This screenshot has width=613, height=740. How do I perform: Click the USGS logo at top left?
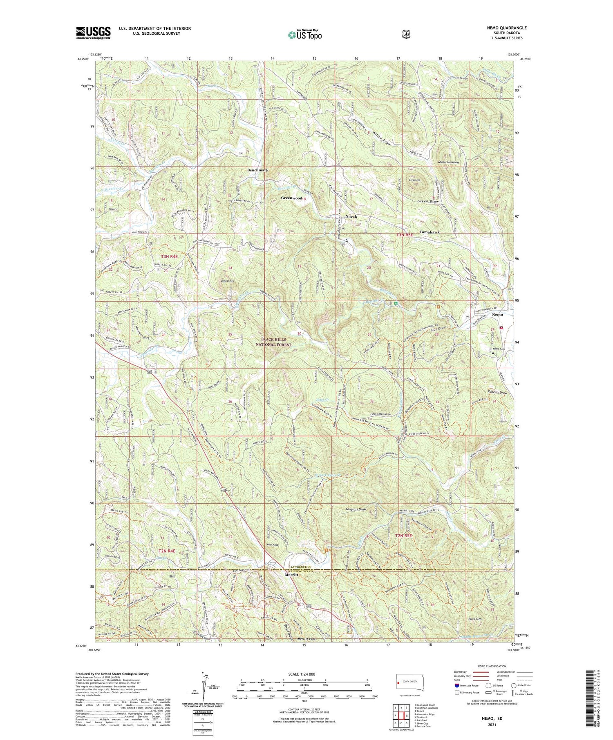(93, 33)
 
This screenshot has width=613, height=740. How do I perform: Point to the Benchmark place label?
(257, 170)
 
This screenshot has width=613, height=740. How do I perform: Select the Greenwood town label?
(291, 198)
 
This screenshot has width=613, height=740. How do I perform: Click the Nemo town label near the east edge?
(497, 315)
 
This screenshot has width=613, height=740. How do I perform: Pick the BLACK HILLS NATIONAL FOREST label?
(276, 342)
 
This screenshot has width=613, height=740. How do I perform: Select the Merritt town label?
(293, 575)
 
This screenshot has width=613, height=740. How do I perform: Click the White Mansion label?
(448, 162)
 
